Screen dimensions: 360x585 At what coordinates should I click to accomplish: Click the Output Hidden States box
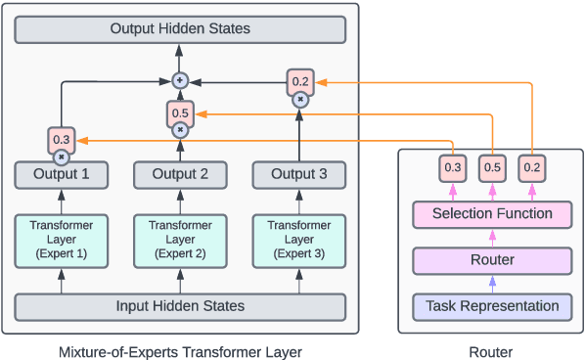180,28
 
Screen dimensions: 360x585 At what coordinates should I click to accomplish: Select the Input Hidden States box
180,306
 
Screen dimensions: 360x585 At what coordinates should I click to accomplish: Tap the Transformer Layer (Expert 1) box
62,240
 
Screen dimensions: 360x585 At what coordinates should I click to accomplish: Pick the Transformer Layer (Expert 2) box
180,240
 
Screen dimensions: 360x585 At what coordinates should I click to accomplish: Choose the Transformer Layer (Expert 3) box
298,240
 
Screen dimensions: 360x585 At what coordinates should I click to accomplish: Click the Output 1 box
62,175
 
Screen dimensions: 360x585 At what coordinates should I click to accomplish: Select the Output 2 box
180,175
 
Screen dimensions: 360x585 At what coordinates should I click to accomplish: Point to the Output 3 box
298,175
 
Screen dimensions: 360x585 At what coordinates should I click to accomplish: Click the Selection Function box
492,213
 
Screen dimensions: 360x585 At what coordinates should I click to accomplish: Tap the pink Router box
492,260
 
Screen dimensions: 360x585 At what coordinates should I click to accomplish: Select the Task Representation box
492,306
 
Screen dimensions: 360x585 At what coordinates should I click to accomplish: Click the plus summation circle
180,79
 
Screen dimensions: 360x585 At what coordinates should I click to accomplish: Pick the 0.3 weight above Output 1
62,140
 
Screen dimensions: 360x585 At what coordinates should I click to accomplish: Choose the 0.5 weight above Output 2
180,112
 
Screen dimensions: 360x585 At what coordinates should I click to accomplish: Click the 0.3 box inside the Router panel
453,167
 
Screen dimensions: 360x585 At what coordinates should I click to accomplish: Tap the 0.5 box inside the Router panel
492,167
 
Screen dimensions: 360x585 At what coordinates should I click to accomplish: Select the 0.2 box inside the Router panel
531,167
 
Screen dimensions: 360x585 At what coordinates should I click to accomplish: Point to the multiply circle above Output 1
62,157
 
